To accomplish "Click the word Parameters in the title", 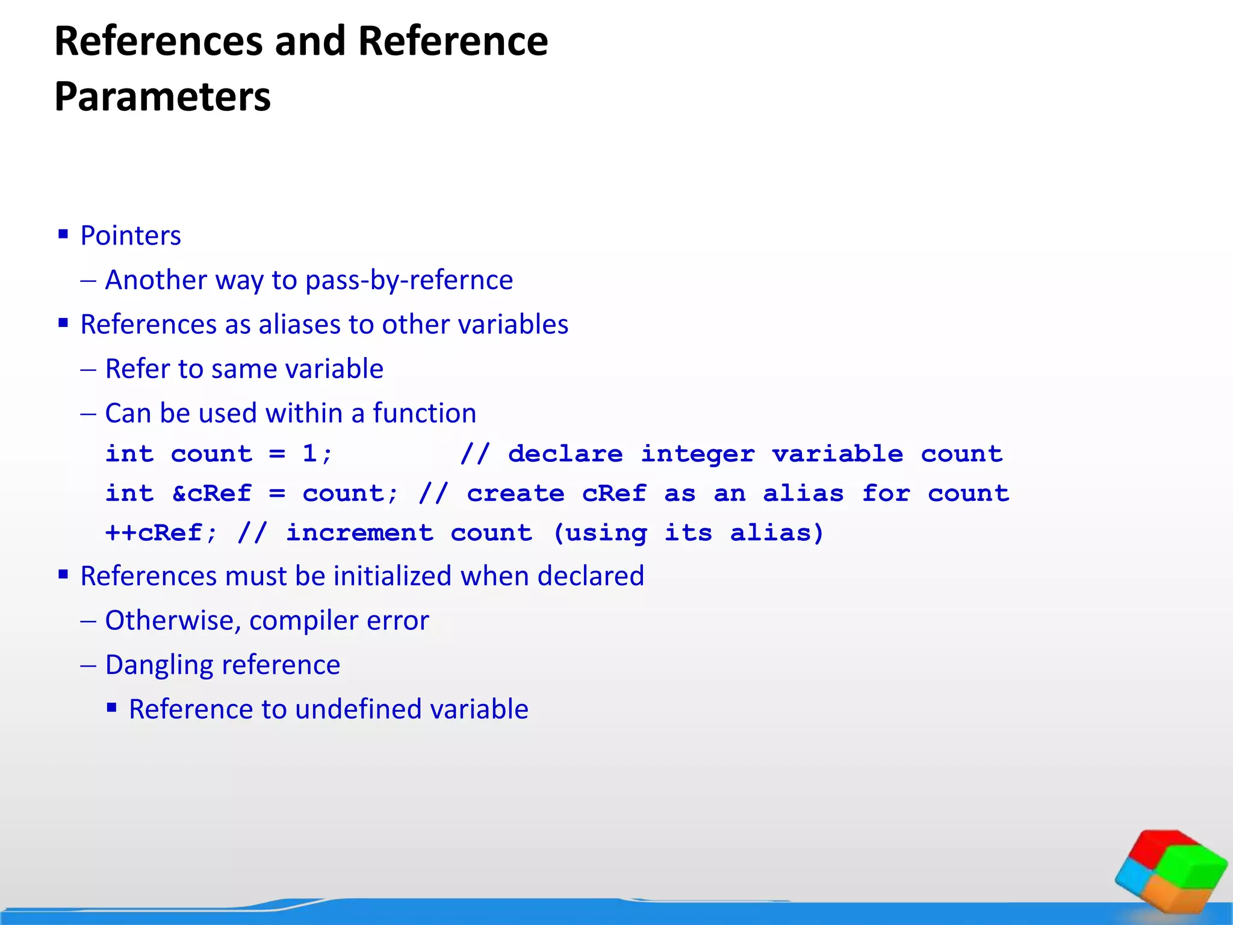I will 163,97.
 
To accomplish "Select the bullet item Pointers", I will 131,235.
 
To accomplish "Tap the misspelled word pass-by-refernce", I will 409,280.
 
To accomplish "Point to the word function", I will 424,414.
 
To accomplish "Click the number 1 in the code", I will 309,453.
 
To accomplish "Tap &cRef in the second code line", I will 211,493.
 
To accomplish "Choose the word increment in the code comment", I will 359,533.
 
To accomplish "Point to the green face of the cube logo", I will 1195,867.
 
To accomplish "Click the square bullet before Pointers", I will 63,234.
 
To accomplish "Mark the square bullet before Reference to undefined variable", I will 111,708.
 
